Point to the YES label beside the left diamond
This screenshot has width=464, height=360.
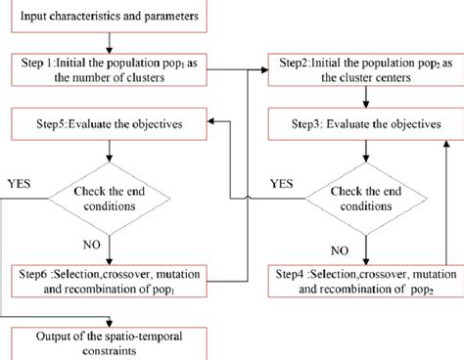click(20, 182)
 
